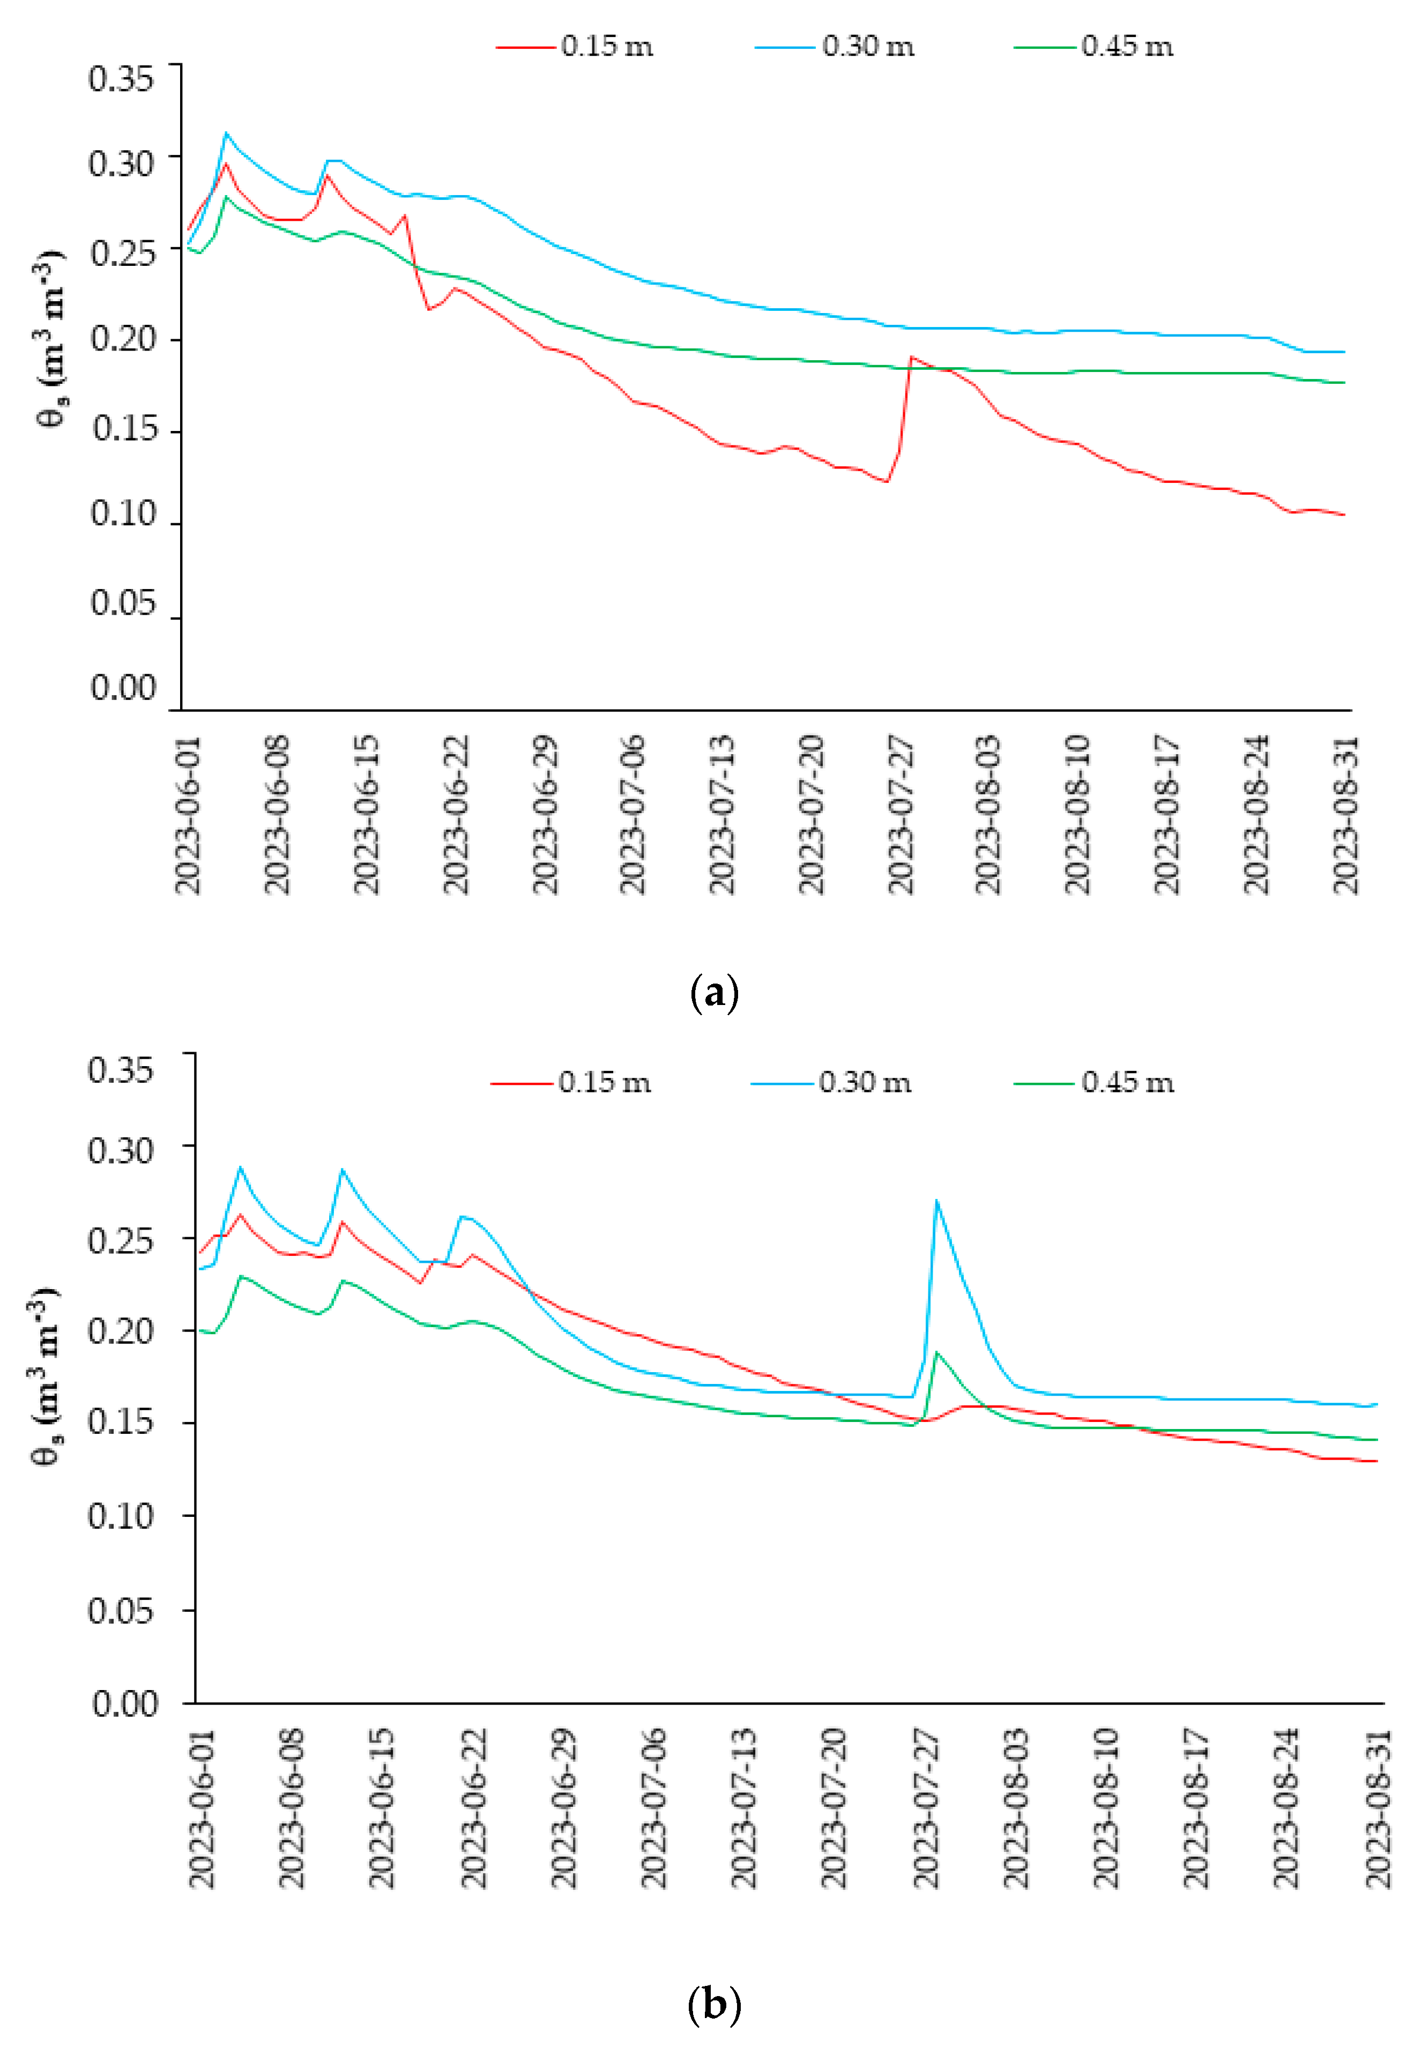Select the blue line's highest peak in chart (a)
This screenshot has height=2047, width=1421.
pos(226,133)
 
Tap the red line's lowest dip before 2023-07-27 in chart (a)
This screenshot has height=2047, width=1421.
pos(887,482)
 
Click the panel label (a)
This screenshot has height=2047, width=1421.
pos(714,993)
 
